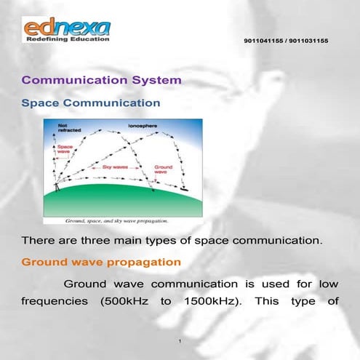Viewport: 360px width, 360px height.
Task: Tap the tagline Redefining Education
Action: point(66,39)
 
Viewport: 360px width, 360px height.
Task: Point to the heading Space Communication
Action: point(91,103)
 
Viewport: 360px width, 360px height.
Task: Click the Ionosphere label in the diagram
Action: point(142,126)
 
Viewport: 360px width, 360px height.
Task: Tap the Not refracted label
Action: point(68,129)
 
